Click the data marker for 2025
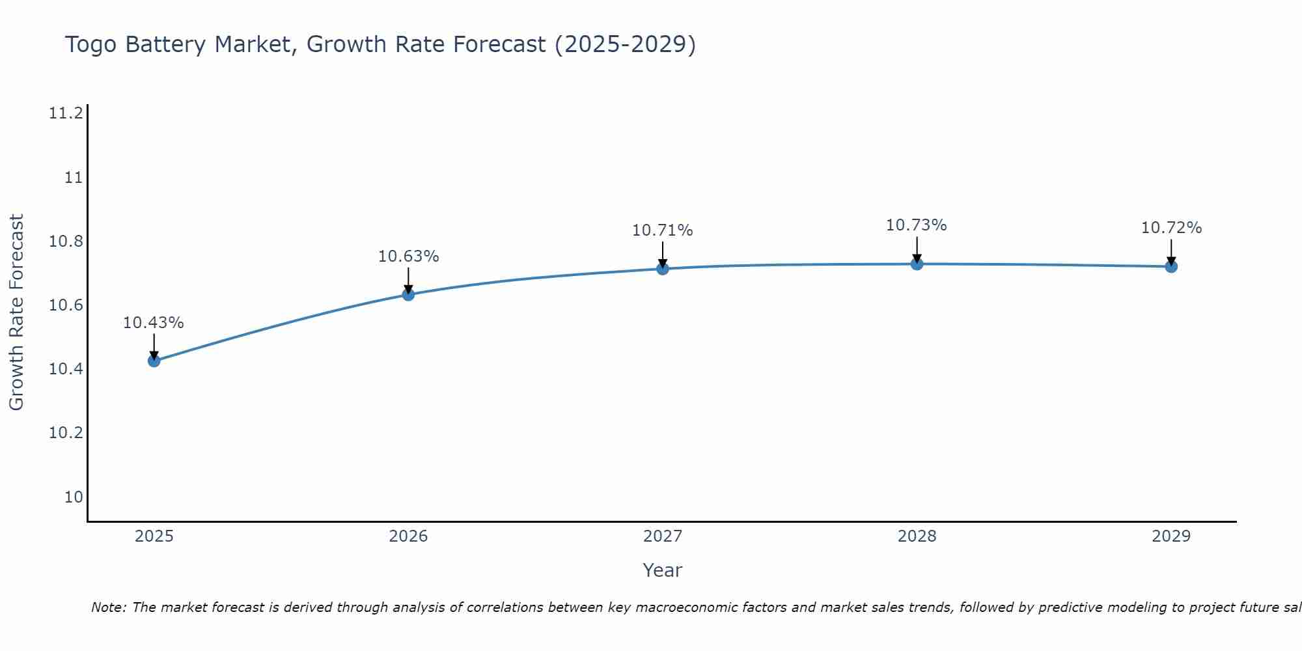(x=154, y=361)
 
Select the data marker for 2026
(x=408, y=294)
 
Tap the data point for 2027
(x=663, y=268)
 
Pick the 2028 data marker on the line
(x=917, y=264)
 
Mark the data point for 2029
(x=1171, y=266)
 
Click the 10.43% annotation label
(x=154, y=323)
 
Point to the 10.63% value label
(x=408, y=256)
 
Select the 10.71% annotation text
(x=663, y=230)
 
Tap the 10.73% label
(x=917, y=225)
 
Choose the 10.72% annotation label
(x=1171, y=228)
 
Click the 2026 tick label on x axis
(x=408, y=536)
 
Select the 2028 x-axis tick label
(x=917, y=536)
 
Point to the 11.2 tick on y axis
(x=66, y=114)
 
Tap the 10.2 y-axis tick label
(x=66, y=433)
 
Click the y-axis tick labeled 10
(x=74, y=497)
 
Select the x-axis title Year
(x=662, y=570)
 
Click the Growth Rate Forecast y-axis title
(x=16, y=312)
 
